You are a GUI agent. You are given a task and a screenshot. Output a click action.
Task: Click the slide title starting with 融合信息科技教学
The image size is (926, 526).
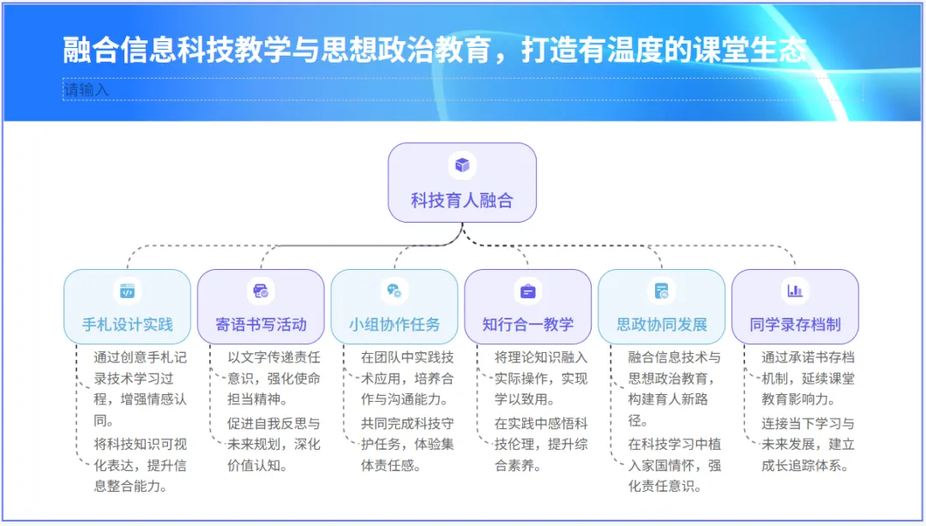tap(435, 50)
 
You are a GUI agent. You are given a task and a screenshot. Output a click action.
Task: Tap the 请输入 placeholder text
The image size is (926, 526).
tap(87, 89)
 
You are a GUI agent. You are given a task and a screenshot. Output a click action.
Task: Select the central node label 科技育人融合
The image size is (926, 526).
tap(462, 200)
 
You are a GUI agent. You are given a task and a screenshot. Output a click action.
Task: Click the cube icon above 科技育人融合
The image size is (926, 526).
tap(462, 164)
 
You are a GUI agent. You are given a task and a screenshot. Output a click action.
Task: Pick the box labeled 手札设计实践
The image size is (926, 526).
tap(127, 324)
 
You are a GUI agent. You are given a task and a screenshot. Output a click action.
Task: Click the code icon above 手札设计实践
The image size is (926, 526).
tap(127, 291)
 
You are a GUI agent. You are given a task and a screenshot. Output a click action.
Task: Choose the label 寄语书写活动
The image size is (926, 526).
tap(261, 325)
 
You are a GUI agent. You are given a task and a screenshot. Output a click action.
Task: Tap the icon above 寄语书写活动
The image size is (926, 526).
tap(261, 291)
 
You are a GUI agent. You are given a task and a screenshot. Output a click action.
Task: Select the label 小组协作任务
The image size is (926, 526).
tap(394, 325)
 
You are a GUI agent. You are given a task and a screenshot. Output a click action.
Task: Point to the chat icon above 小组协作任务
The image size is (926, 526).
tap(394, 291)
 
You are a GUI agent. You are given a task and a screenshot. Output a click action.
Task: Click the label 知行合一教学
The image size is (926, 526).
tap(527, 325)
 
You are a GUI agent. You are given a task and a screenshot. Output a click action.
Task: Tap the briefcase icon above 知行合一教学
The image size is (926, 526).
tap(527, 291)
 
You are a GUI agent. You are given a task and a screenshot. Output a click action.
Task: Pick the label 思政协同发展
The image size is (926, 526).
tap(662, 325)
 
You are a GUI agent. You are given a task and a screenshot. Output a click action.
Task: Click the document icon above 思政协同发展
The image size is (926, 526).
tap(662, 291)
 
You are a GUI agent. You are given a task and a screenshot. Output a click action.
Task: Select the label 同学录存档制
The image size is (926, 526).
tap(795, 325)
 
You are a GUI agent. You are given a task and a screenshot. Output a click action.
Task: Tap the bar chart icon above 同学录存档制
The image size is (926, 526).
tap(795, 291)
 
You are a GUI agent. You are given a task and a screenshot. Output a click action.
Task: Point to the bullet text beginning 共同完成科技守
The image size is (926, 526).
tap(407, 444)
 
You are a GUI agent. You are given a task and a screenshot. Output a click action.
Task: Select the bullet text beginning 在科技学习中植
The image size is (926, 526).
tap(675, 465)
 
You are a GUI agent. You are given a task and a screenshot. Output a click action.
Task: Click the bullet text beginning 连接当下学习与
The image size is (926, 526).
tap(809, 444)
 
